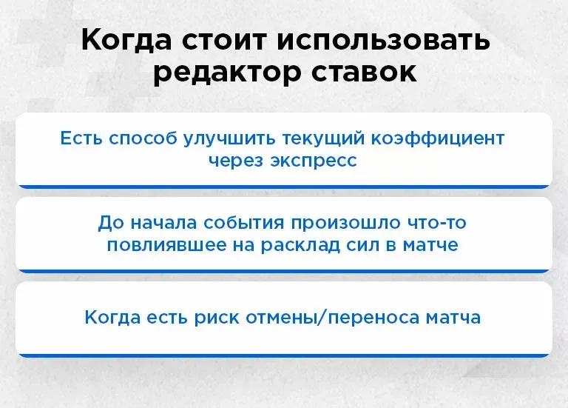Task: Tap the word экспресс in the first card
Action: click(315, 160)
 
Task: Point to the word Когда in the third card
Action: click(107, 318)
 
